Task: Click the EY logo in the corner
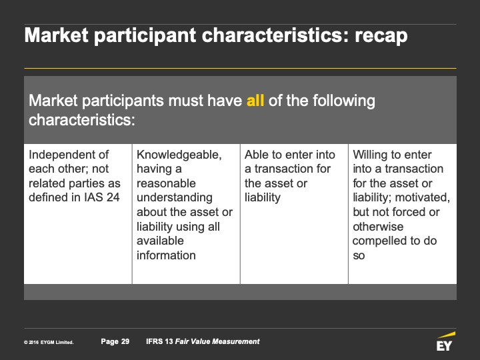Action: (x=445, y=341)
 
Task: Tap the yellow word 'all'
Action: (x=255, y=101)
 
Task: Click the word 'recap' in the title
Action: (x=381, y=35)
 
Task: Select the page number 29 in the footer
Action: (x=125, y=341)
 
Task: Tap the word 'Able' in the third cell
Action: (x=255, y=155)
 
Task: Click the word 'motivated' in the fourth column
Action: (x=423, y=198)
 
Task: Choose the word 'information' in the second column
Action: (x=166, y=255)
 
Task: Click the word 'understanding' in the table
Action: (x=175, y=198)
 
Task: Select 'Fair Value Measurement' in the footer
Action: (x=217, y=341)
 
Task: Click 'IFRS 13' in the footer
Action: (x=159, y=341)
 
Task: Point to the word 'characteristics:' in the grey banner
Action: (x=82, y=120)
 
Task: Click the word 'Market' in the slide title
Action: (x=56, y=35)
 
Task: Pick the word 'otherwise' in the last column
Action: (x=378, y=227)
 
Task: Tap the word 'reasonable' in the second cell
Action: (x=166, y=183)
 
